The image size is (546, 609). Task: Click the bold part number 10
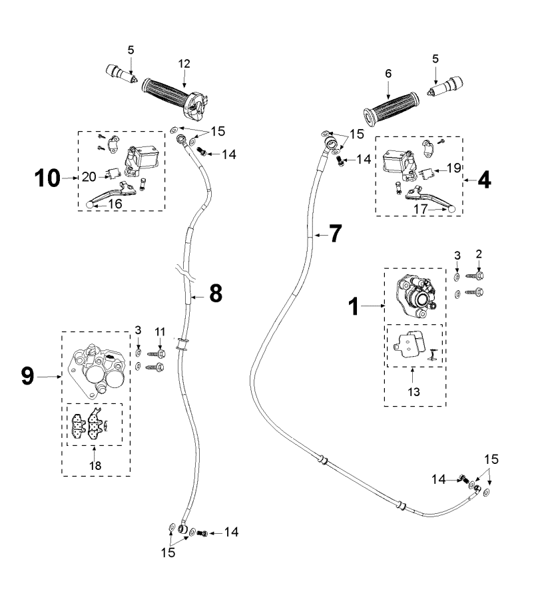pos(47,178)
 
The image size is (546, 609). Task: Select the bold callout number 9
pos(27,376)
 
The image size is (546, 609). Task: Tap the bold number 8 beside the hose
pos(216,294)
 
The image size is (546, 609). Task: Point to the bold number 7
pos(336,234)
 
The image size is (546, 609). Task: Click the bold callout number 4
pos(484,180)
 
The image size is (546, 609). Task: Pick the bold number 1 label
pos(354,306)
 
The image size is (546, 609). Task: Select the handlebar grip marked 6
pos(392,108)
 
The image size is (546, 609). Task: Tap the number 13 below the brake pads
pos(414,392)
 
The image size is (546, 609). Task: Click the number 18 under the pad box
pos(95,465)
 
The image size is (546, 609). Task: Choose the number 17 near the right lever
pos(420,209)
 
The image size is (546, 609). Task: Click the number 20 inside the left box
pos(89,177)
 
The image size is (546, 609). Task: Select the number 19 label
pos(453,168)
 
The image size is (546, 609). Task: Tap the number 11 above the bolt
pos(160,332)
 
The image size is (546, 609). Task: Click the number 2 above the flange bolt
pos(479,254)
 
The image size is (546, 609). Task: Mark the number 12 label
pos(184,64)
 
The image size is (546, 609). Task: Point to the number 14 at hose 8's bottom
pos(231,532)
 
